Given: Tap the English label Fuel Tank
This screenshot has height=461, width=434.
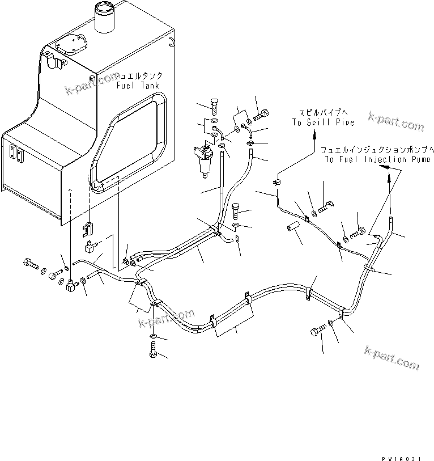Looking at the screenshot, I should [138, 85].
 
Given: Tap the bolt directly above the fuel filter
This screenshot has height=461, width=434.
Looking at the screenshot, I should [214, 106].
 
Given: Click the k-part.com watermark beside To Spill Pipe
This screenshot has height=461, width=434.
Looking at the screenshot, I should [395, 121].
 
